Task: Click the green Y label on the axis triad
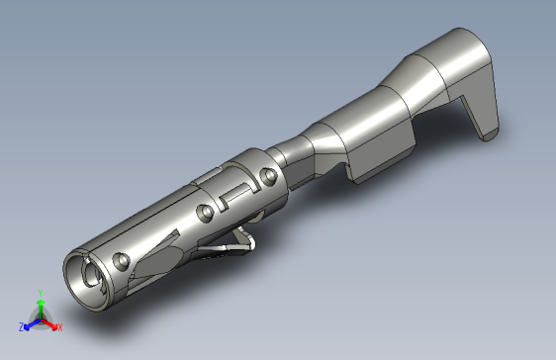click(x=40, y=293)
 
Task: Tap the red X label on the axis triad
click(x=59, y=326)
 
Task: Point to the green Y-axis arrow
click(x=40, y=307)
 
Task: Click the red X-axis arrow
click(x=49, y=322)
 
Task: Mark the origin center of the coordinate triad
click(x=40, y=318)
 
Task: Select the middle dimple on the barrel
click(x=205, y=213)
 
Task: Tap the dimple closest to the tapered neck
click(x=265, y=178)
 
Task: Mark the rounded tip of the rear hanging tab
click(x=489, y=133)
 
